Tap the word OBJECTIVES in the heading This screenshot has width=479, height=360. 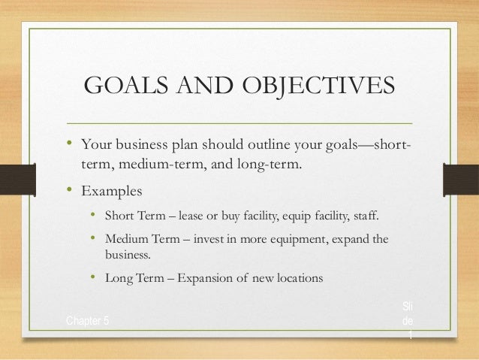(318, 86)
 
